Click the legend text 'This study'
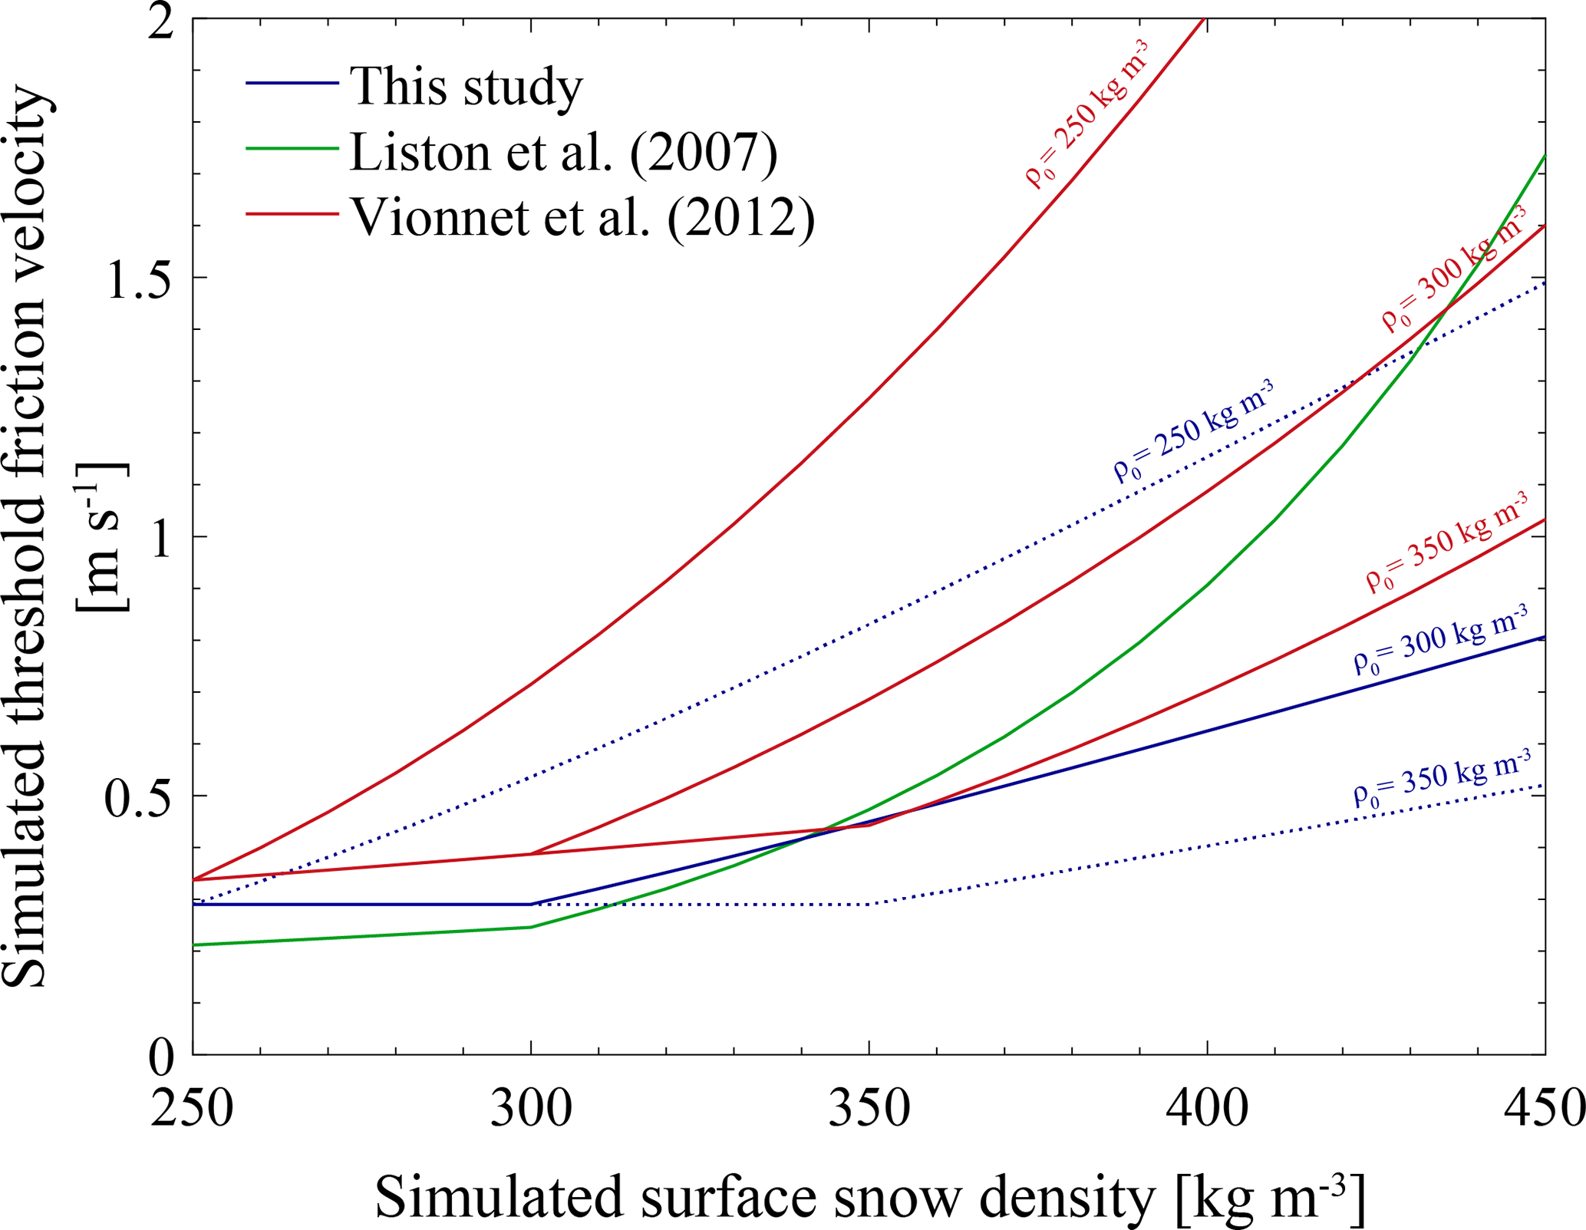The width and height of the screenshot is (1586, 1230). (466, 86)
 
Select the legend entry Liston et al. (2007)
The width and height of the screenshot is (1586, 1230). (564, 151)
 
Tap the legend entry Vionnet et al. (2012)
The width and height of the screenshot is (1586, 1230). (582, 217)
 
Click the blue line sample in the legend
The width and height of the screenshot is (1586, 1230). (292, 83)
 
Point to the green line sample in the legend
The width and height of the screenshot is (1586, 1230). (292, 148)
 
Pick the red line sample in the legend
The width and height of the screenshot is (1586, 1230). (292, 214)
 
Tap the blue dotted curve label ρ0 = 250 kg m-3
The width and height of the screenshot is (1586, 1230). (1194, 431)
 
